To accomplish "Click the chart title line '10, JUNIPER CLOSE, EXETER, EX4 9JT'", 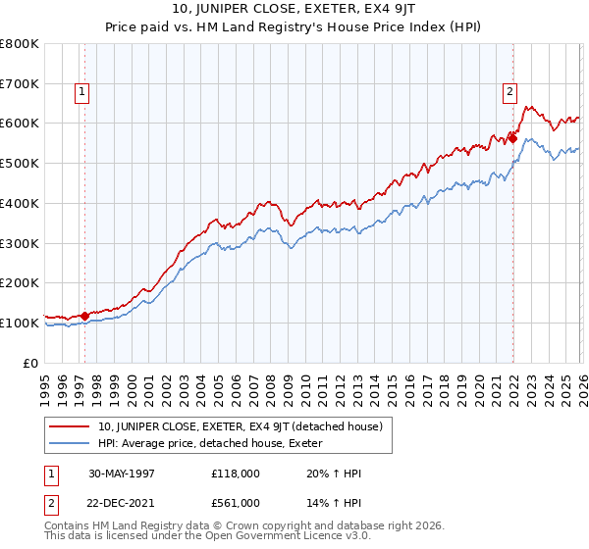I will point(294,8).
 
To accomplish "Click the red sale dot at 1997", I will point(85,316).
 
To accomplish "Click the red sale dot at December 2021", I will point(513,139).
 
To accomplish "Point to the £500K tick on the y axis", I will point(20,163).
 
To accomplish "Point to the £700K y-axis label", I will point(20,83).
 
